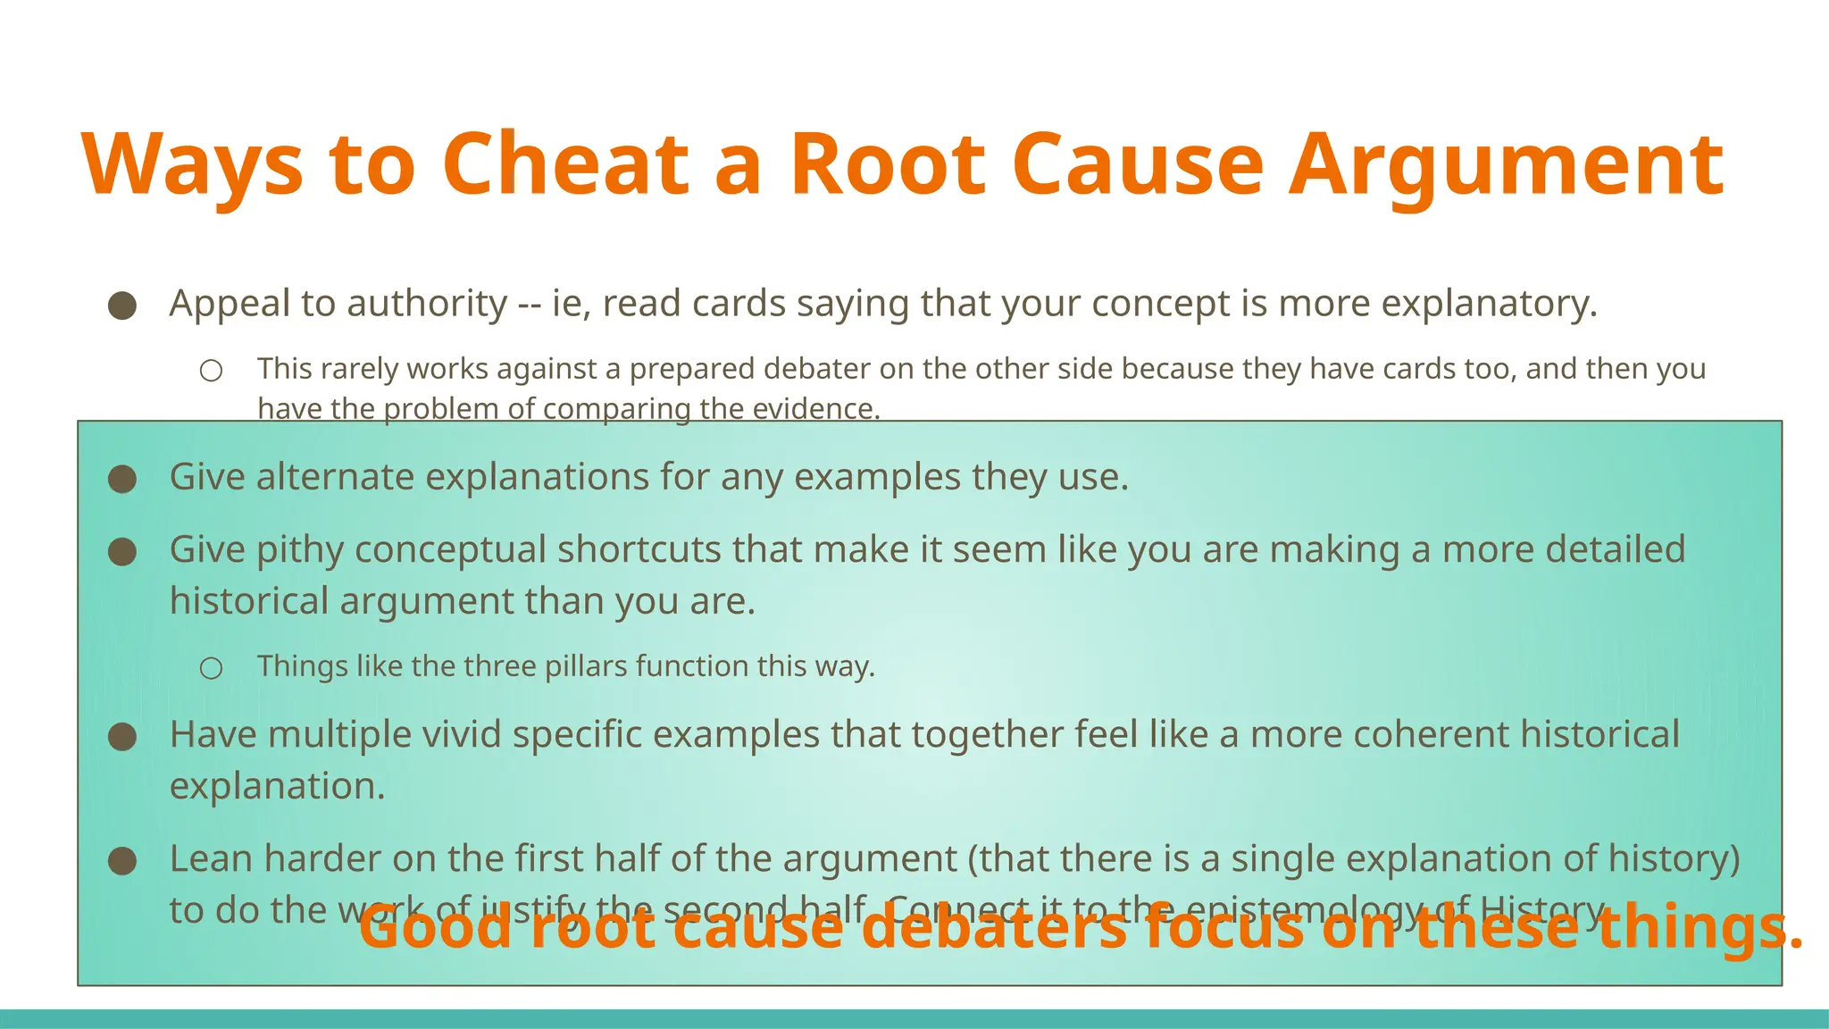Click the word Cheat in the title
tap(565, 164)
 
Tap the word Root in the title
tap(888, 164)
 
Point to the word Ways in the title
tap(193, 166)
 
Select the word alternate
tap(334, 477)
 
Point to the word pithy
tap(300, 549)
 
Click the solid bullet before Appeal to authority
tap(122, 306)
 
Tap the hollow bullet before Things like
tap(211, 668)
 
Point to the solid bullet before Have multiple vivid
tap(122, 737)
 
